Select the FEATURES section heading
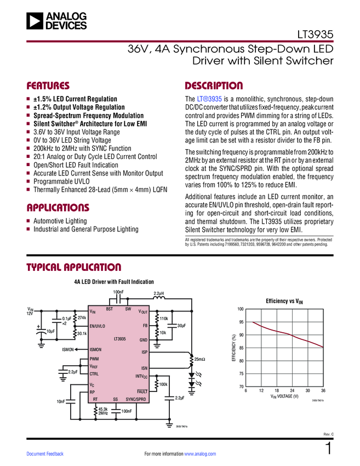(48, 86)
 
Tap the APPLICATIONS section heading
(58, 208)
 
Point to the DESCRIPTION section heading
(214, 86)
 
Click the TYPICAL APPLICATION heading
(74, 268)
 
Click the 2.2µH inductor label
(159, 294)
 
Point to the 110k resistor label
(163, 319)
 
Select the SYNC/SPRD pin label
(136, 399)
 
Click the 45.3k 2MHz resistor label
(103, 411)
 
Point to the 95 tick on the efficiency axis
(241, 322)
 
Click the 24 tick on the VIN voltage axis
(292, 391)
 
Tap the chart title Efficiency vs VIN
(284, 301)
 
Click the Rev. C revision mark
(328, 434)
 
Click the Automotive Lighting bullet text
(60, 221)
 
